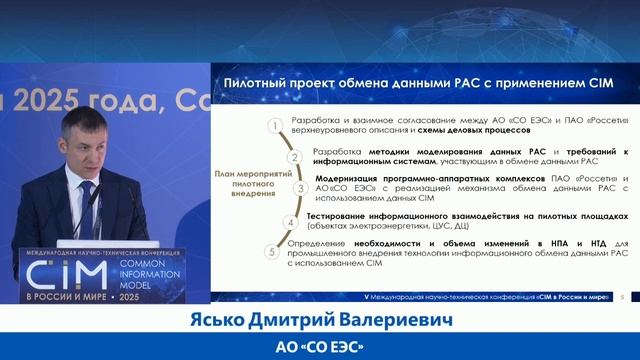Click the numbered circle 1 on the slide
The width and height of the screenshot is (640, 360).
271,125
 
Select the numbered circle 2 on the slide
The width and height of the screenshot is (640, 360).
294,155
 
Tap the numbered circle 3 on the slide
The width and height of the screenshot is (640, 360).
299,188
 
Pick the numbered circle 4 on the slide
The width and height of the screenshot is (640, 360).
291,221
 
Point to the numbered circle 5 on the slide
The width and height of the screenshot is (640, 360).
271,251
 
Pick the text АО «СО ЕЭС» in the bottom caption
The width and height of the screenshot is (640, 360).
321,346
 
